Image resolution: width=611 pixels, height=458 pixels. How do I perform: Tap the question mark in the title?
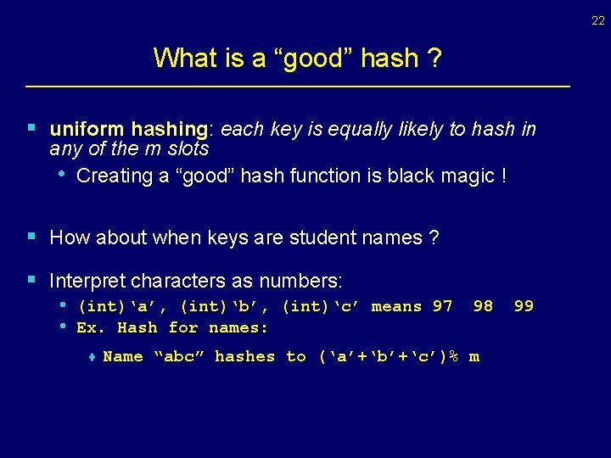434,59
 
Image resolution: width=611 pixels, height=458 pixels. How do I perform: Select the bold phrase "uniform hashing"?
129,129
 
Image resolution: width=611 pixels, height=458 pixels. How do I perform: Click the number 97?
442,306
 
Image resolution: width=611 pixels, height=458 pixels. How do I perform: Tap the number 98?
483,306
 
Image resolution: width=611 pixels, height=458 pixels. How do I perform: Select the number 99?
524,306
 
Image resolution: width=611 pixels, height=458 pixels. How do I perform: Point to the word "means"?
396,306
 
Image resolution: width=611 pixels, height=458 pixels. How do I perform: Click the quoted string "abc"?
178,356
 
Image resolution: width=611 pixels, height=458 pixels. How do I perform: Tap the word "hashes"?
244,356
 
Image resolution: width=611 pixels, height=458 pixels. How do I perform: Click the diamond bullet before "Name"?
91,357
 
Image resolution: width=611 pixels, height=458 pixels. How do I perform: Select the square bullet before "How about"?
31,237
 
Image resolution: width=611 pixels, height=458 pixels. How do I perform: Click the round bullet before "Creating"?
62,173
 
